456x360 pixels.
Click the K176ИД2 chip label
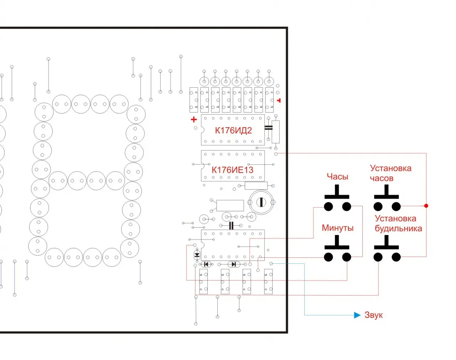point(233,130)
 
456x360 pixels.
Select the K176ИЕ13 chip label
point(232,170)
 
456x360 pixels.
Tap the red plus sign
point(194,119)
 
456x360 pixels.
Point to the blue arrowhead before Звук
point(357,315)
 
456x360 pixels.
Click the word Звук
point(374,315)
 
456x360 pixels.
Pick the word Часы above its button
point(337,176)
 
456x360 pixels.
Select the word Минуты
point(338,228)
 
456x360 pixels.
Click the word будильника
point(398,228)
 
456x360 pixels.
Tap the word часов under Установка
point(382,178)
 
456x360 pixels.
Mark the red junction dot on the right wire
point(426,206)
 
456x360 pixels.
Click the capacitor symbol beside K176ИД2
point(269,128)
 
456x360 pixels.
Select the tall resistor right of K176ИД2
point(276,132)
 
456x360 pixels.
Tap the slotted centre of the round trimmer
point(261,202)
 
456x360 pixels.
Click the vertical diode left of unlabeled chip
point(197,255)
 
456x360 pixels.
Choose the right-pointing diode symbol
point(234,264)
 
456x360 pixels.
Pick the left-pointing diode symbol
point(206,264)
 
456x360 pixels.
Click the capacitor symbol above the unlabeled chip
point(231,225)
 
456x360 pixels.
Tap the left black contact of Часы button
point(328,206)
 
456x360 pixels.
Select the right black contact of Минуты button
point(347,257)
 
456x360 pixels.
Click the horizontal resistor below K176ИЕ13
point(256,185)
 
